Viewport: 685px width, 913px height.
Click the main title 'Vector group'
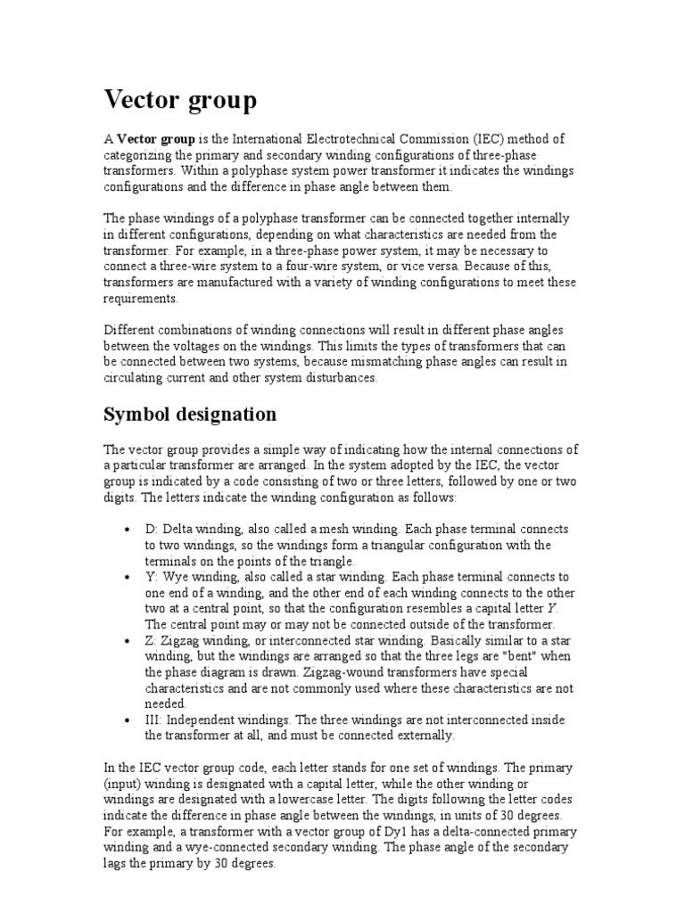point(180,101)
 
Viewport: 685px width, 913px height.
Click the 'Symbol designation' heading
point(190,415)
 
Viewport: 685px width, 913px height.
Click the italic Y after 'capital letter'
point(552,609)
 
